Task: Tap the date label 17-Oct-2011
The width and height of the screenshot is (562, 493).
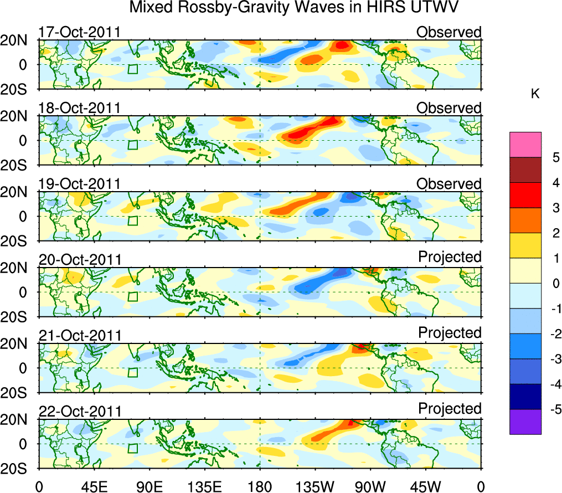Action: coord(79,32)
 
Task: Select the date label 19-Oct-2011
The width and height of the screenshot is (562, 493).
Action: coord(79,184)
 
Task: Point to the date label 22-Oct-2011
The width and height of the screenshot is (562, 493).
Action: coord(79,412)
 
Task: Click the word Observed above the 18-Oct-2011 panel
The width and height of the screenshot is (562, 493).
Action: coord(449,108)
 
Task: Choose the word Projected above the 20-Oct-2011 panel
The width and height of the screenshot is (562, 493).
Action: coord(450,257)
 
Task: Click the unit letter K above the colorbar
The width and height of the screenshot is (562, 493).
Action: coord(535,94)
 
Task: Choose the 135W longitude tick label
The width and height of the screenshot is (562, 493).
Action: coord(315,486)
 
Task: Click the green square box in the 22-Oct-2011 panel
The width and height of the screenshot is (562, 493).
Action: coord(132,448)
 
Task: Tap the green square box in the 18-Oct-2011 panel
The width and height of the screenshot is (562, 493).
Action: coord(132,145)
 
